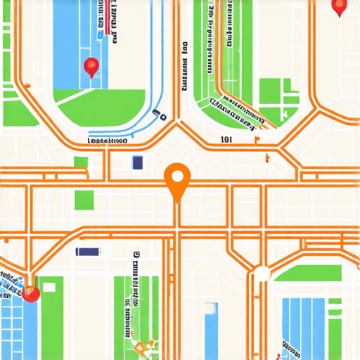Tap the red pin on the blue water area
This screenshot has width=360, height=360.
(x=91, y=67)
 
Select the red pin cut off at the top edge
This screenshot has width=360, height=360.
(x=340, y=7)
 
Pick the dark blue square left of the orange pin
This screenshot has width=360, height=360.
(x=137, y=163)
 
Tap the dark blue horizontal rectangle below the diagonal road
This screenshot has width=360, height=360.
(x=87, y=251)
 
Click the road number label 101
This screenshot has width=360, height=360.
(x=226, y=140)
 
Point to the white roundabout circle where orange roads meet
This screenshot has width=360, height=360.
(x=262, y=274)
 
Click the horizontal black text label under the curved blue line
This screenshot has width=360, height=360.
(x=107, y=141)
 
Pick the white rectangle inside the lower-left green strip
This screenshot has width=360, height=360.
(x=49, y=287)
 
